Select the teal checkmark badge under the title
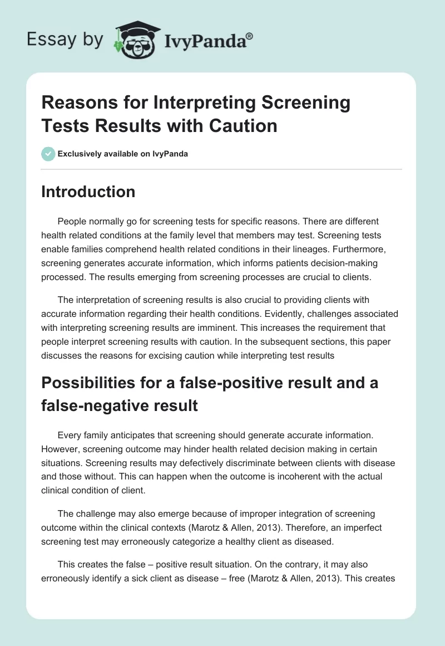point(48,154)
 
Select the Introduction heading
point(88,192)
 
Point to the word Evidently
point(189,314)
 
